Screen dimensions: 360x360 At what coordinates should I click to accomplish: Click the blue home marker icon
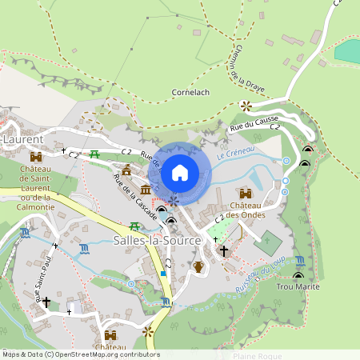click(x=180, y=172)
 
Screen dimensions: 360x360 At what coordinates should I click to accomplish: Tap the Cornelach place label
click(x=190, y=93)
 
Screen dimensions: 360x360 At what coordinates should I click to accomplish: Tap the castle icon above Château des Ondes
click(x=245, y=194)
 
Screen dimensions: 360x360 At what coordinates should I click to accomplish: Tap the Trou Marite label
click(x=298, y=286)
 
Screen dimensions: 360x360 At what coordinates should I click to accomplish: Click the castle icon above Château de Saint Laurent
click(x=35, y=157)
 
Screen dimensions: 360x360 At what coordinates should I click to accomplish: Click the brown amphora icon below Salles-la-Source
click(x=198, y=266)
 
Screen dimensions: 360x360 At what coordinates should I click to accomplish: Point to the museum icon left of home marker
click(x=146, y=189)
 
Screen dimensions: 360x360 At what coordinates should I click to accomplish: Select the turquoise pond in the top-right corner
click(x=347, y=51)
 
